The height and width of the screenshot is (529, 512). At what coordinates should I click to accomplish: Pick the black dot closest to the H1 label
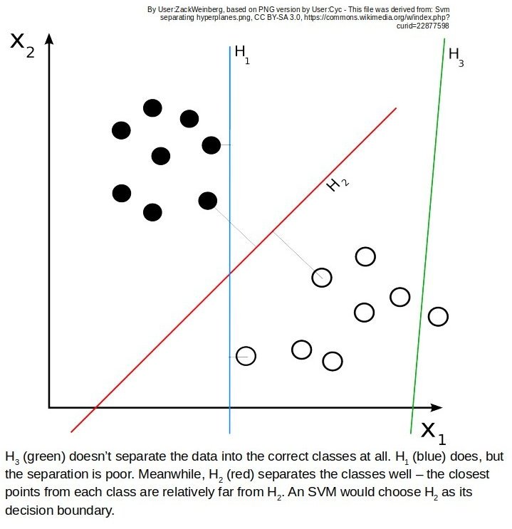[211, 145]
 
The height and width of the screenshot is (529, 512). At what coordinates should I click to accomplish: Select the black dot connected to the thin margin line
[207, 201]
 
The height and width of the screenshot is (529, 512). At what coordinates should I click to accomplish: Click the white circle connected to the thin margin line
[322, 277]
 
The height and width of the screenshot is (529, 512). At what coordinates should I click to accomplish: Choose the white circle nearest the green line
[438, 316]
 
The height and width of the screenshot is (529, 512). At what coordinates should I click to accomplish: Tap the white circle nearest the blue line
[246, 355]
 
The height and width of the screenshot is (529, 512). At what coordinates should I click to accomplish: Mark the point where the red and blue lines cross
[229, 273]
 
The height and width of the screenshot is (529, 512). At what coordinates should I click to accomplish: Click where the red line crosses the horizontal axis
[95, 407]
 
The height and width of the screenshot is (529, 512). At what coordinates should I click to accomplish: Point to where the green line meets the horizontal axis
[413, 407]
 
